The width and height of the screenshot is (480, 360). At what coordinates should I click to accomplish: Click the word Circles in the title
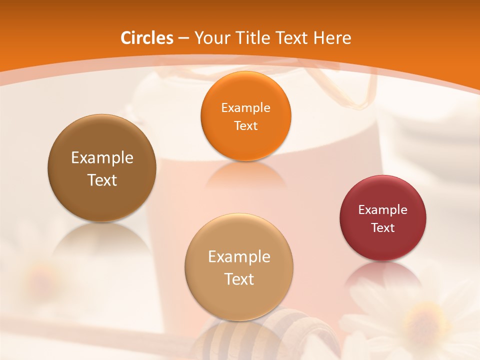click(147, 38)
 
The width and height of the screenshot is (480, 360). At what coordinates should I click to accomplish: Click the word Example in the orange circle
click(245, 108)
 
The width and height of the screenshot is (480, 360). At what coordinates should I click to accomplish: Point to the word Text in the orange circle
click(245, 126)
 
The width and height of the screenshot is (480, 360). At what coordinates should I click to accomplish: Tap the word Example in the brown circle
click(102, 158)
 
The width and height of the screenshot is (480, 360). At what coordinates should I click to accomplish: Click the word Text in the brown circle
click(102, 180)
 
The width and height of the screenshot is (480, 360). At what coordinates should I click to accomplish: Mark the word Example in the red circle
click(383, 210)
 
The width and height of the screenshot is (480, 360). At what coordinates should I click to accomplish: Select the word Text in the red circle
click(383, 228)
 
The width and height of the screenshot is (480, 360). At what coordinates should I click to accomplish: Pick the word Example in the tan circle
click(239, 257)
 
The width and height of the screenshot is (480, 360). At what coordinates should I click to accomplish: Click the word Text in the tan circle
click(239, 279)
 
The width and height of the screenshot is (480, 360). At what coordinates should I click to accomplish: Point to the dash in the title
click(183, 38)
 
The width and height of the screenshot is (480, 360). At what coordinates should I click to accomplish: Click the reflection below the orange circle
click(245, 175)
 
